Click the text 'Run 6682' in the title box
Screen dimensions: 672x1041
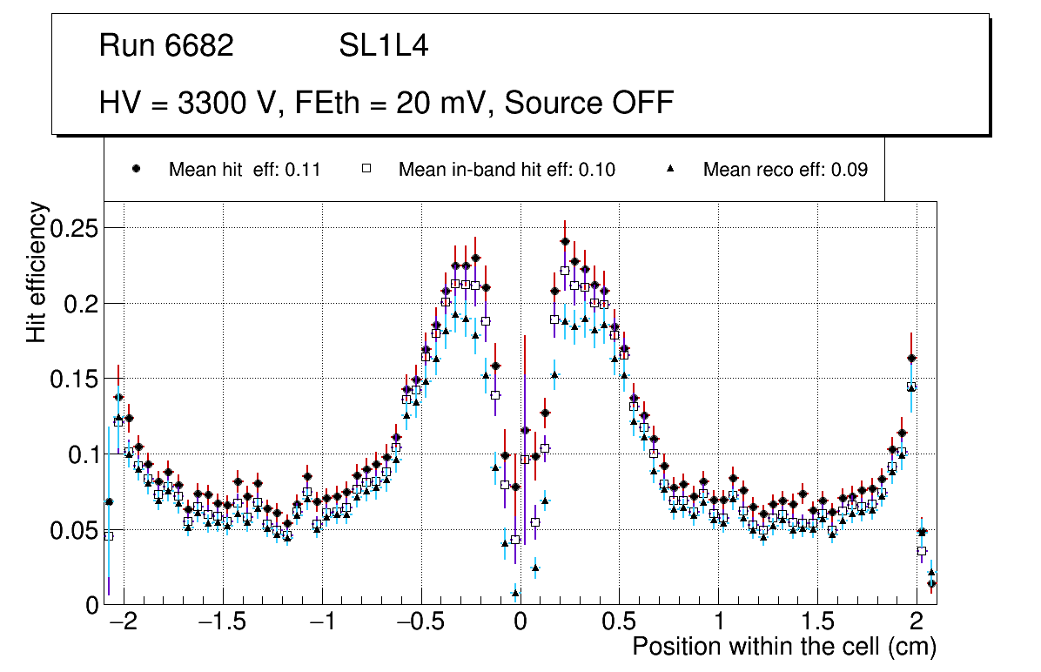pos(166,46)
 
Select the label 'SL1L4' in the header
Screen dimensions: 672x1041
pos(383,46)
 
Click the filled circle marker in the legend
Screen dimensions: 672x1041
pos(137,169)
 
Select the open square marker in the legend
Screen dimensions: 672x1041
pos(366,169)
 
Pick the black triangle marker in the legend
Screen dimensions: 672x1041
pos(671,169)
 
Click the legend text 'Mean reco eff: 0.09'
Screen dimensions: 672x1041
pos(785,170)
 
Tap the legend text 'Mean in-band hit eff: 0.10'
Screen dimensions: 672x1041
pos(507,170)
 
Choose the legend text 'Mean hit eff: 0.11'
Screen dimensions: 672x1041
pos(245,170)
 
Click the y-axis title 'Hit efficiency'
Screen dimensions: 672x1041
pos(37,272)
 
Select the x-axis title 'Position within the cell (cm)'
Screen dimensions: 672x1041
pos(783,647)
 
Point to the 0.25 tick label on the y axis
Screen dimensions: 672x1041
pos(74,228)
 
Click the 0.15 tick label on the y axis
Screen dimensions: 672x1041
pos(74,379)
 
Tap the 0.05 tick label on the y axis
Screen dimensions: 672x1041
pos(74,529)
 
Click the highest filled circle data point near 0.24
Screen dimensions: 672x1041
pos(565,241)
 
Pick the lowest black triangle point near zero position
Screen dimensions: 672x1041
pos(515,593)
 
